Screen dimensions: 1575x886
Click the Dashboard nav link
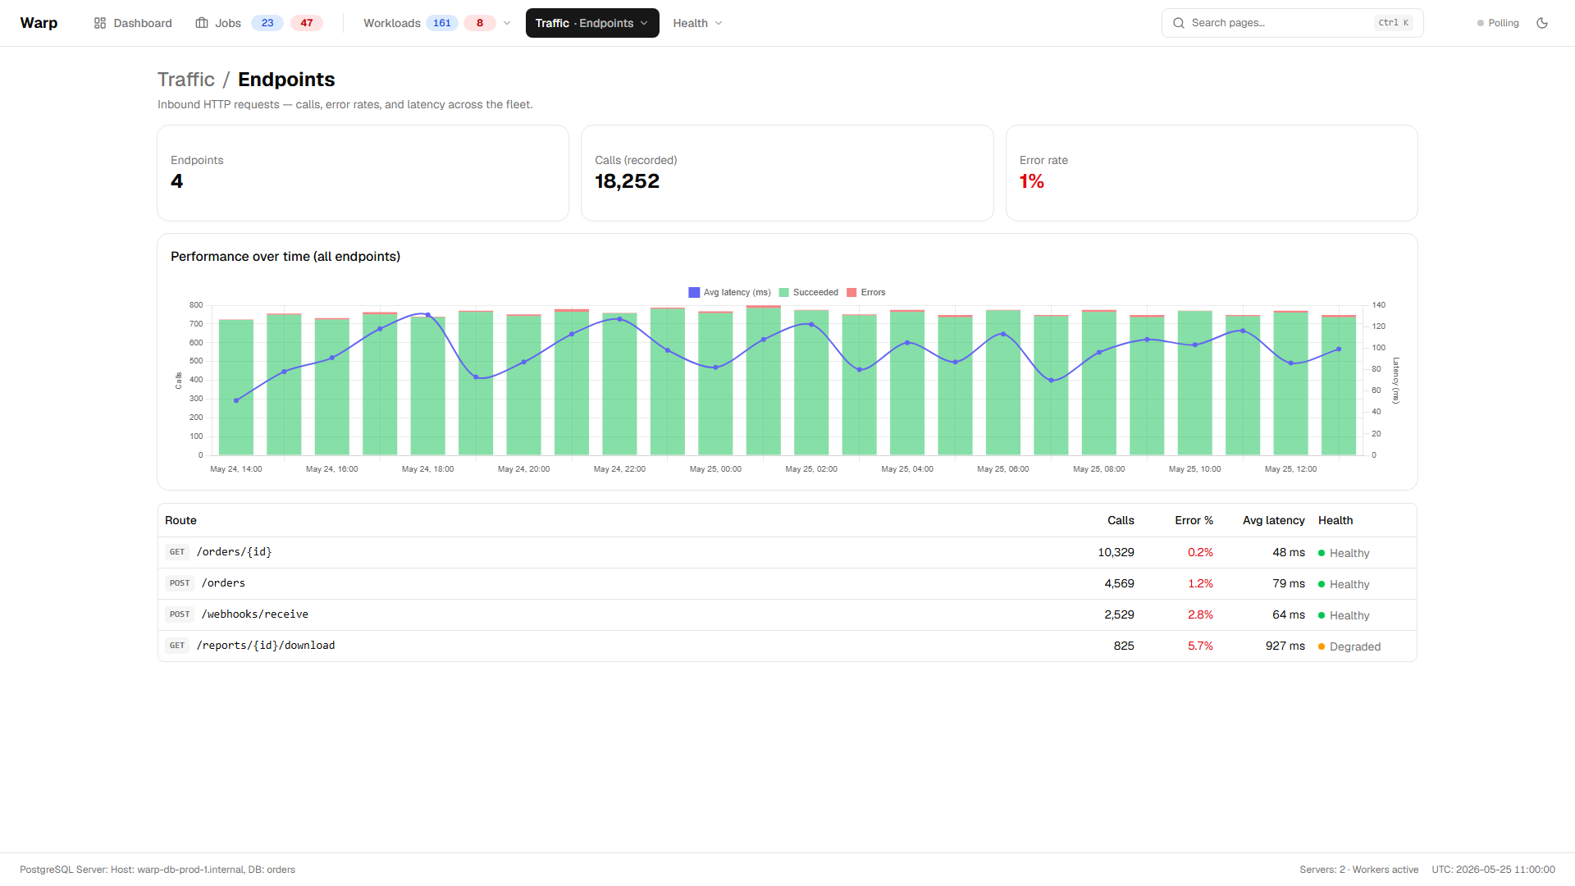pyautogui.click(x=133, y=23)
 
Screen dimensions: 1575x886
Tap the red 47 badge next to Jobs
pyautogui.click(x=307, y=23)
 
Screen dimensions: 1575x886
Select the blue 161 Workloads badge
pyautogui.click(x=442, y=23)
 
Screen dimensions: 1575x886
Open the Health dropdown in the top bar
pyautogui.click(x=697, y=23)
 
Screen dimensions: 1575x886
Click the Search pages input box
pyautogui.click(x=1292, y=23)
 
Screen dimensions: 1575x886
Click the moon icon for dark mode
pyautogui.click(x=1542, y=23)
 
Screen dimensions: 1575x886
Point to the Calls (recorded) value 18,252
pyautogui.click(x=628, y=181)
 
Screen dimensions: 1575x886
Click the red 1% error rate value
pyautogui.click(x=1032, y=181)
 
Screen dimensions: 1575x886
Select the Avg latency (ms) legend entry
pyautogui.click(x=730, y=292)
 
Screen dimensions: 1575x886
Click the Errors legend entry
pyautogui.click(x=866, y=292)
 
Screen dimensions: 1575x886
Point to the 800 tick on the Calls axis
pyautogui.click(x=196, y=305)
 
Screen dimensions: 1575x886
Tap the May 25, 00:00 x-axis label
pyautogui.click(x=715, y=469)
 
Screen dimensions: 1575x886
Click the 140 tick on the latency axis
pyautogui.click(x=1379, y=305)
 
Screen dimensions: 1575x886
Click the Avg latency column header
pyautogui.click(x=1274, y=520)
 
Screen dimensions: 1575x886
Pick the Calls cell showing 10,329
pyautogui.click(x=1116, y=552)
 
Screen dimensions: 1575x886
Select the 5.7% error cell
pyautogui.click(x=1201, y=646)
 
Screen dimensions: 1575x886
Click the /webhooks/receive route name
pyautogui.click(x=255, y=614)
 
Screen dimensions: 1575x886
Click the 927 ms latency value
pyautogui.click(x=1285, y=646)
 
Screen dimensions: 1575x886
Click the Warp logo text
pyautogui.click(x=39, y=23)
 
